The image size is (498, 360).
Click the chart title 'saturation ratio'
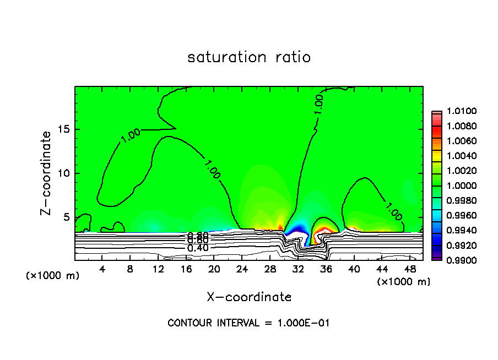click(x=249, y=57)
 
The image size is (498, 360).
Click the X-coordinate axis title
click(x=249, y=297)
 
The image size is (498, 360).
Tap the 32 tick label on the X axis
click(x=298, y=269)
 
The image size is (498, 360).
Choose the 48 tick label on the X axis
click(x=410, y=269)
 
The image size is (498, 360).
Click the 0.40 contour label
click(x=198, y=248)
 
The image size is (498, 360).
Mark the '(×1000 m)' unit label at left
click(x=53, y=276)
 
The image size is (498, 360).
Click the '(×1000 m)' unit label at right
click(x=404, y=282)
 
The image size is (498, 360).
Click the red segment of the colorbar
click(x=437, y=127)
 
